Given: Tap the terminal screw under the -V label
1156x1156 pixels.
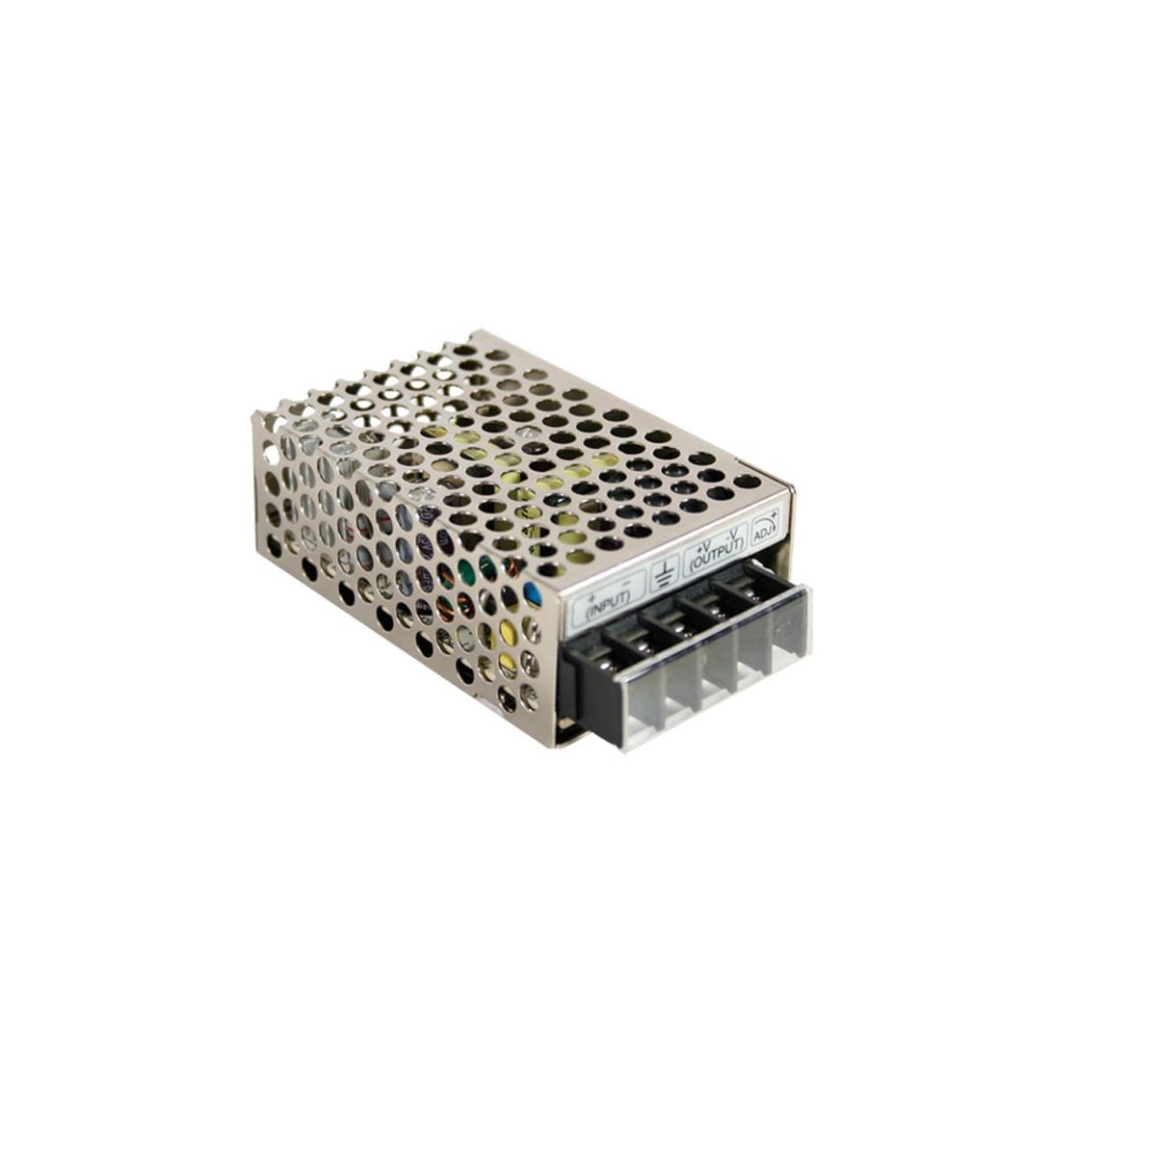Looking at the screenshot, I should point(745,589).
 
